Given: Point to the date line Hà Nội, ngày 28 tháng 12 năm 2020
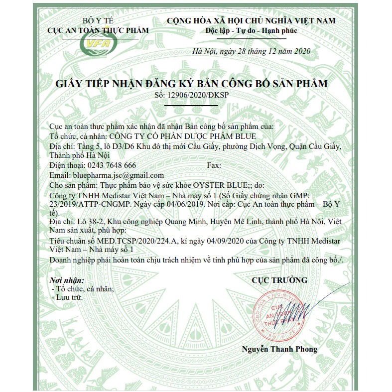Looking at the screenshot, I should (251, 52).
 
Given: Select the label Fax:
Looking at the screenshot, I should (214, 165).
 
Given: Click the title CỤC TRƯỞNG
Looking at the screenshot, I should (279, 280).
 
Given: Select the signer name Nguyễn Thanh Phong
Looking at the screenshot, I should (279, 349).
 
